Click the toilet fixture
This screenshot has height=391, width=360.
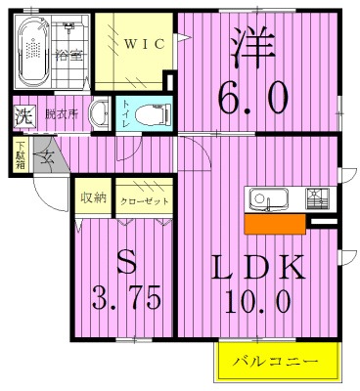click(149, 114)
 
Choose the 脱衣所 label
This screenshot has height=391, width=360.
click(61, 114)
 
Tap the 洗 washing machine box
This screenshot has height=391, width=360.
click(22, 115)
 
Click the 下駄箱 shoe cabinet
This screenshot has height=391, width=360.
click(20, 155)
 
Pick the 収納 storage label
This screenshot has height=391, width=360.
click(93, 198)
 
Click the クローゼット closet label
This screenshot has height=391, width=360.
click(145, 200)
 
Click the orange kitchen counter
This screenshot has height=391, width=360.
click(275, 224)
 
